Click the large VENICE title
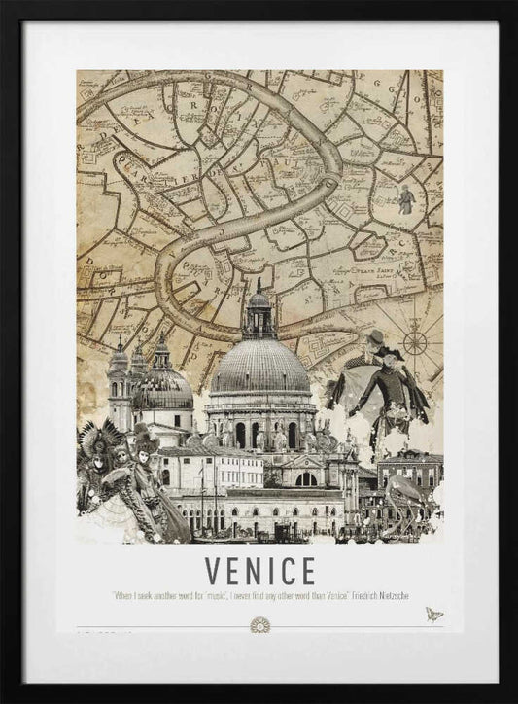pos(259,570)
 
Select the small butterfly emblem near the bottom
pos(432,615)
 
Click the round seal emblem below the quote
pos(259,623)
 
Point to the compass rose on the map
pos(416,341)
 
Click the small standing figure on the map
pos(404,199)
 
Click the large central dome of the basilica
pos(259,368)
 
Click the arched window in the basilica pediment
pos(306,478)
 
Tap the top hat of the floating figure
pos(374,336)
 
